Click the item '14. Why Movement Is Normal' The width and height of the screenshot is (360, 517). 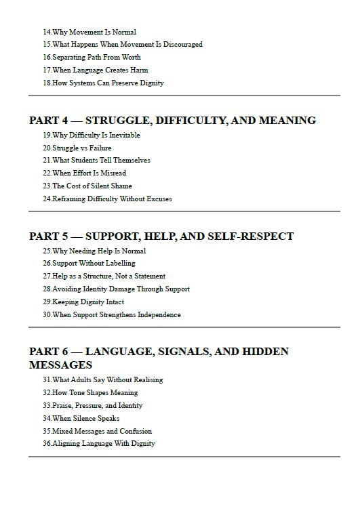pyautogui.click(x=89, y=32)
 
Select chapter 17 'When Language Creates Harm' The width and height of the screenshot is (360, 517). pyautogui.click(x=95, y=70)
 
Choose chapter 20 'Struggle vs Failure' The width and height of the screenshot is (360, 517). pyautogui.click(x=77, y=148)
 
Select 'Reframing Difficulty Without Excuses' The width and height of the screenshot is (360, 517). pyautogui.click(x=107, y=199)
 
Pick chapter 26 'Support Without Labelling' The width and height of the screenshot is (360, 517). pyautogui.click(x=89, y=263)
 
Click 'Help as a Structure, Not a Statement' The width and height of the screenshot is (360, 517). pyautogui.click(x=104, y=276)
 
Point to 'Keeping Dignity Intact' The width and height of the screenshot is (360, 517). pyautogui.click(x=83, y=302)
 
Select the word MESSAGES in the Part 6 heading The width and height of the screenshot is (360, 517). pyautogui.click(x=60, y=365)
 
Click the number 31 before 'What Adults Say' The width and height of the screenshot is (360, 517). pyautogui.click(x=47, y=380)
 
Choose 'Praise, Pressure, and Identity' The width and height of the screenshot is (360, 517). pyautogui.click(x=92, y=405)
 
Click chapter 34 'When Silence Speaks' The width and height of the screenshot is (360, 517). pyautogui.click(x=81, y=418)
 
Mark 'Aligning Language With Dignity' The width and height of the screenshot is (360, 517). pyautogui.click(x=98, y=443)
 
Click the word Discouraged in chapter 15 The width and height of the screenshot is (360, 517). pyautogui.click(x=181, y=45)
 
